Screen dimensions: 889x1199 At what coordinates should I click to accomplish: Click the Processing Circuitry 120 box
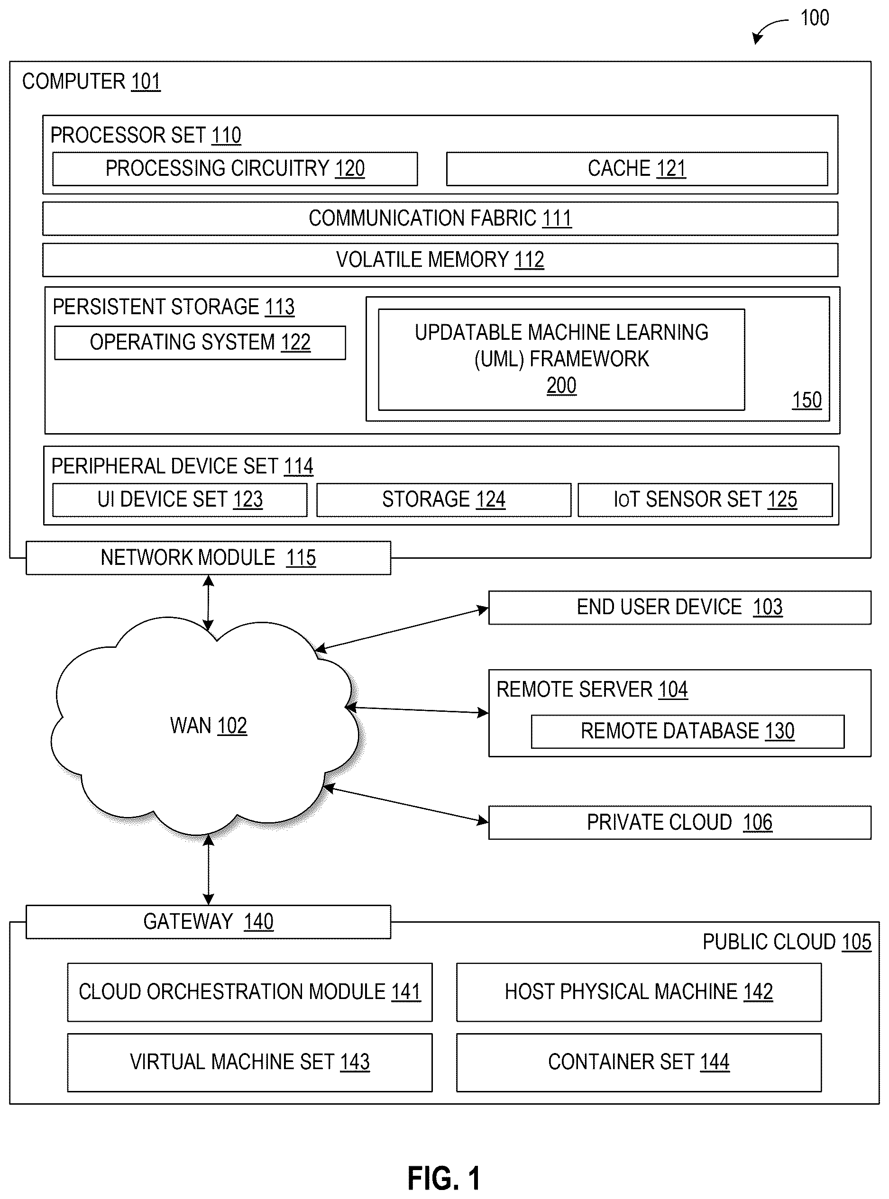[235, 169]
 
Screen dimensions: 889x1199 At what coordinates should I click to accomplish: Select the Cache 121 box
[637, 169]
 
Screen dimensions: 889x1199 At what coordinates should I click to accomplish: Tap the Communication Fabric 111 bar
[440, 218]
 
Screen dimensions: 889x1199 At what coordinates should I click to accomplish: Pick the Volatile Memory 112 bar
[440, 260]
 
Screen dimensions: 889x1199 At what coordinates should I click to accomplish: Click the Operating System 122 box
[200, 343]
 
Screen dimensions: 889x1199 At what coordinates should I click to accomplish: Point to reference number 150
[807, 400]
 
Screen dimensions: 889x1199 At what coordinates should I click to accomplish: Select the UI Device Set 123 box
[180, 500]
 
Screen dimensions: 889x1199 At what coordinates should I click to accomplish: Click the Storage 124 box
[443, 500]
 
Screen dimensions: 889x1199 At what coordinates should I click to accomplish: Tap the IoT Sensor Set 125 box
[705, 500]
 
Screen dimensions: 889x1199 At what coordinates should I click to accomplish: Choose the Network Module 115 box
[208, 558]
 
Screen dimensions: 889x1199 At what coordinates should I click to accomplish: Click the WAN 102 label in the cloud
[208, 726]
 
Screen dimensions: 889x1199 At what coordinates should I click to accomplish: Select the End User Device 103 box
[679, 607]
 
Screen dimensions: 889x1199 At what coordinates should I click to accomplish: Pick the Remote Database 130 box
[688, 731]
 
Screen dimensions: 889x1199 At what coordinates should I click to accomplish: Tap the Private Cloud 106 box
[679, 822]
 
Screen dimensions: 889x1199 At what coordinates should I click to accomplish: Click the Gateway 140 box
[208, 922]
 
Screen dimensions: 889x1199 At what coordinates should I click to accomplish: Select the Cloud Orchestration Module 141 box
[250, 992]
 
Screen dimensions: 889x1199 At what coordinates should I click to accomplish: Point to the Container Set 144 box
[639, 1063]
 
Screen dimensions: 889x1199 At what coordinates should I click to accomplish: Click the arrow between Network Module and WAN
[208, 602]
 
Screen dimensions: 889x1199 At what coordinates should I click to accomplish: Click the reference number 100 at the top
[815, 18]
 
